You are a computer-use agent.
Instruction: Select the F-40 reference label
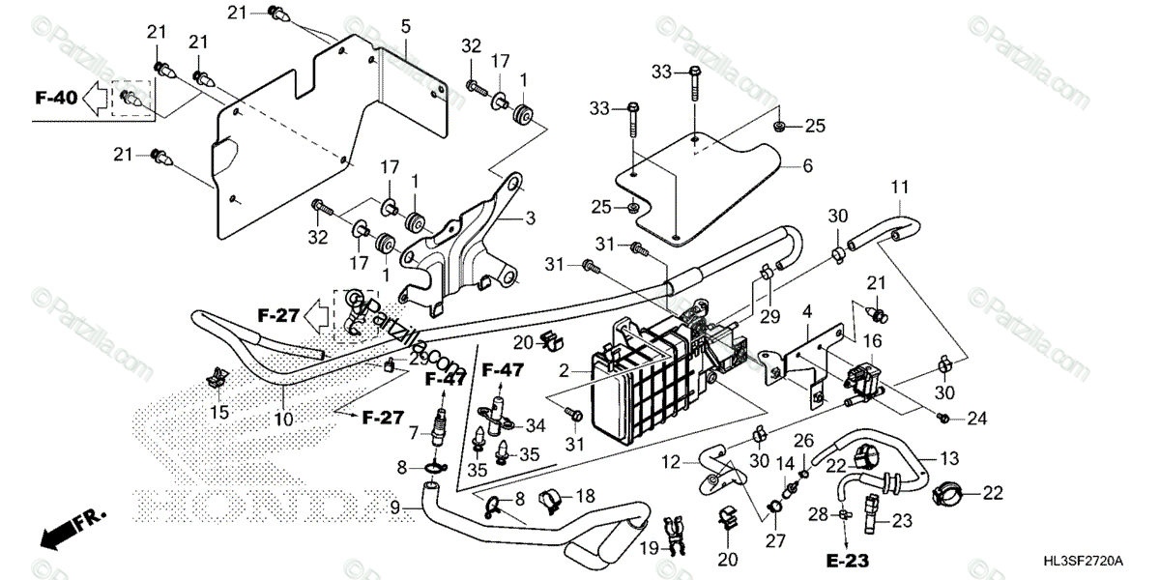54,97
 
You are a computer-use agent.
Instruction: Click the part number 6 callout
807,165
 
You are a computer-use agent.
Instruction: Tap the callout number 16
872,340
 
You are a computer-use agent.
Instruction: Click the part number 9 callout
394,506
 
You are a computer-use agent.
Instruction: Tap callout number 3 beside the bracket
529,219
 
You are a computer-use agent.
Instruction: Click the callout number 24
978,419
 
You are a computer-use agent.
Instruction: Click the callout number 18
586,496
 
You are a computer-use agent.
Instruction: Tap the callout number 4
806,311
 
